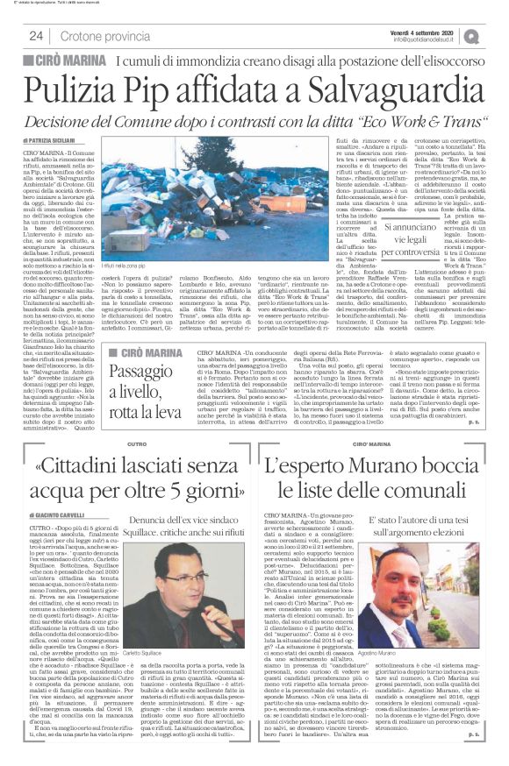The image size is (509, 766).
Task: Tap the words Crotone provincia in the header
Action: coord(111,36)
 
